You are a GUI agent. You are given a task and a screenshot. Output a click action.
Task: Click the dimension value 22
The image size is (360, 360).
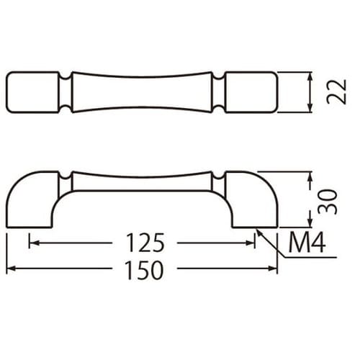[337, 91]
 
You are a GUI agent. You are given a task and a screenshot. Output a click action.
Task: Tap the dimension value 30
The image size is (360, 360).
[328, 202]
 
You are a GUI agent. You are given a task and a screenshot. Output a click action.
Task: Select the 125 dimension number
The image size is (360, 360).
[145, 243]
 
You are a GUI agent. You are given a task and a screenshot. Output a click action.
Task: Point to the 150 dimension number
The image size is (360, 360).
[145, 270]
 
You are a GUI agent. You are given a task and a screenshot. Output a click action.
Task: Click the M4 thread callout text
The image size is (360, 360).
[307, 243]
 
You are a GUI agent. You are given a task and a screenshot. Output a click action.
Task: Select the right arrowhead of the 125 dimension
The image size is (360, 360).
[250, 243]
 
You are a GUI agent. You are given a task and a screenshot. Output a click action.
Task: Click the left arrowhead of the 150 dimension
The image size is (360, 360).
[11, 269]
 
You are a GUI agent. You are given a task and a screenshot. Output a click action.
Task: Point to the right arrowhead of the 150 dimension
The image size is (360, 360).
[272, 269]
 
